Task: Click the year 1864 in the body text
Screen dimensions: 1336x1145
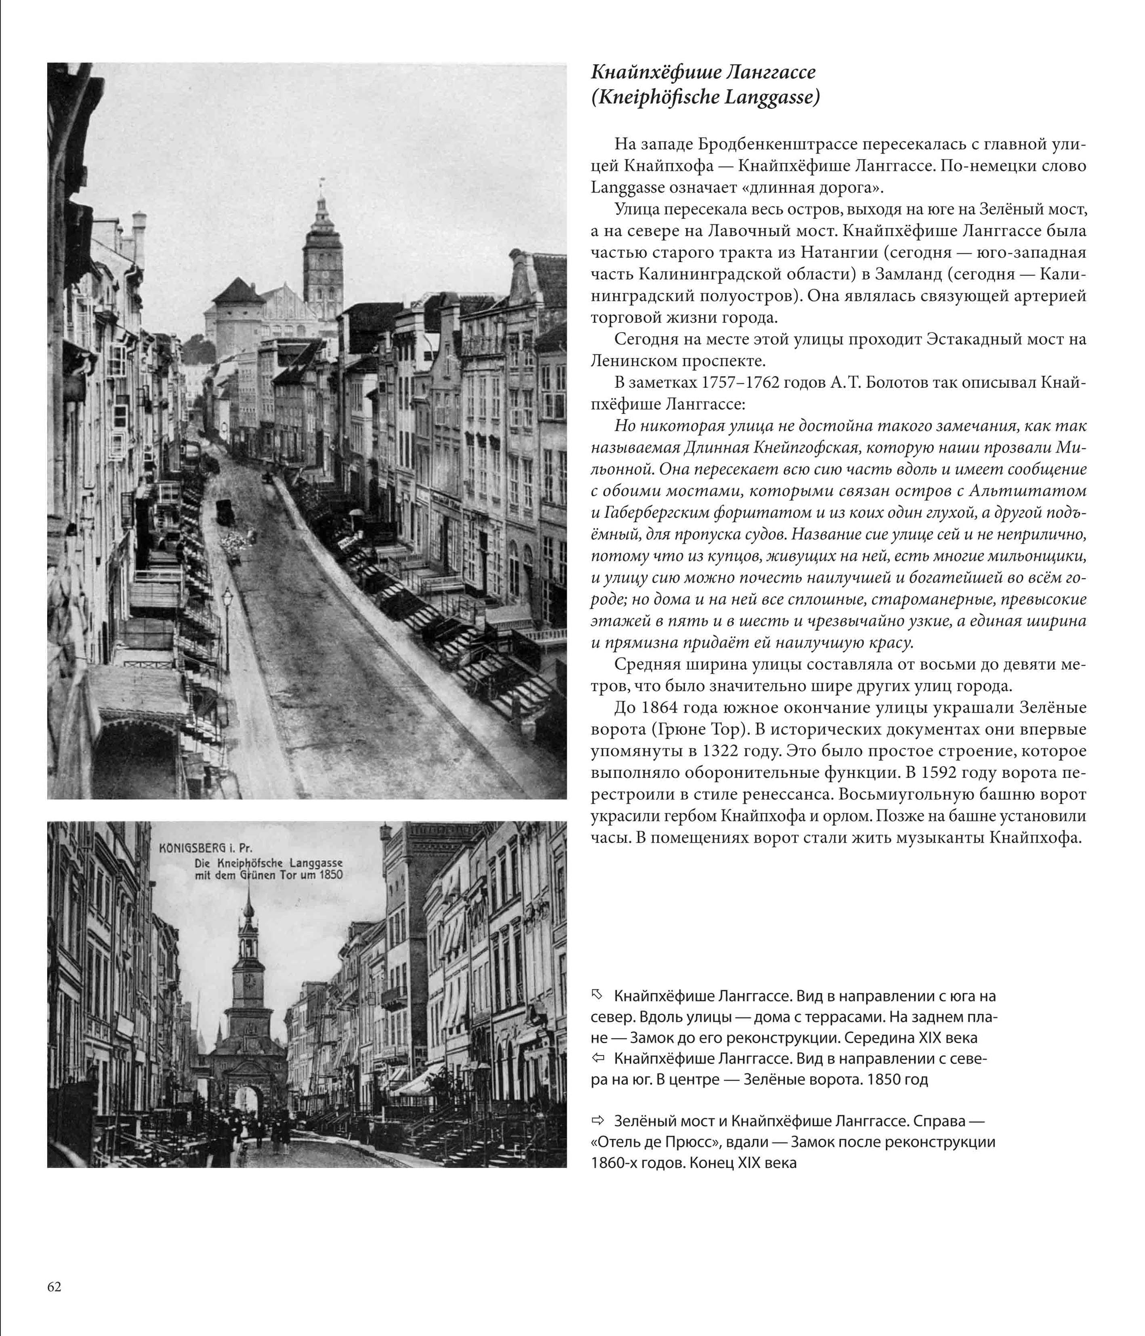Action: [658, 708]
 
